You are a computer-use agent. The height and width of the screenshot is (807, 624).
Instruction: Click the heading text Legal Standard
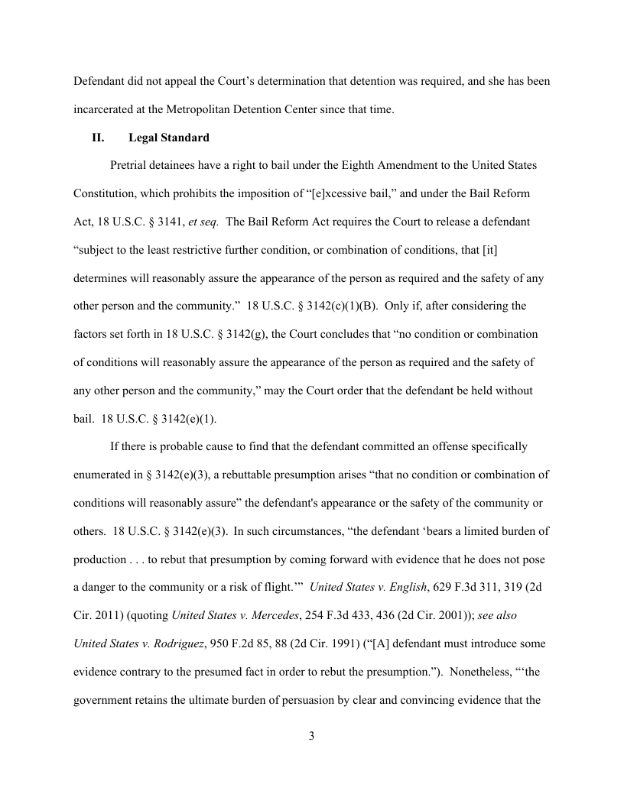click(169, 138)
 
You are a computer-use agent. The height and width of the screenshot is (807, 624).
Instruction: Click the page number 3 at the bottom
click(312, 736)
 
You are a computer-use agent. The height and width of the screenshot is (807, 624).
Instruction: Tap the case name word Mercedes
click(271, 614)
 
